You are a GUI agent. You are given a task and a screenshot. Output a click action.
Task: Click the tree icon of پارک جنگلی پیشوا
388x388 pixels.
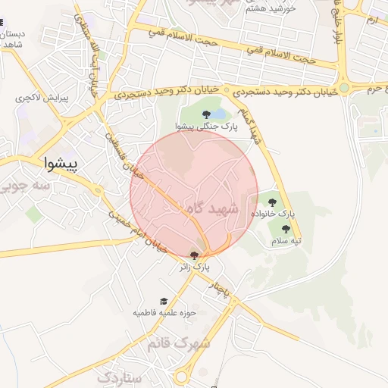(206, 114)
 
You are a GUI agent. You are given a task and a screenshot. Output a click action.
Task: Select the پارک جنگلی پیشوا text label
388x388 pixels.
(206, 127)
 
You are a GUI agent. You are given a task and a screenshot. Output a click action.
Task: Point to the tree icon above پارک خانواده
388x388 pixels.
(272, 202)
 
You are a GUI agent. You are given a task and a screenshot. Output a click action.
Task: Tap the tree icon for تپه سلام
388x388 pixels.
(286, 228)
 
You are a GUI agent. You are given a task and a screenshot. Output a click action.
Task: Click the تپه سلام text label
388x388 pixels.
(286, 241)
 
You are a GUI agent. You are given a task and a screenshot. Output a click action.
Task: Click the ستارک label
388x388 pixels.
(120, 377)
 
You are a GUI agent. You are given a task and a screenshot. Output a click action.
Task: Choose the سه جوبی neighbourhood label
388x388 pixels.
(25, 185)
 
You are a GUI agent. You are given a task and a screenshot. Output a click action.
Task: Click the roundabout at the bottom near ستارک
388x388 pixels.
(183, 377)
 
